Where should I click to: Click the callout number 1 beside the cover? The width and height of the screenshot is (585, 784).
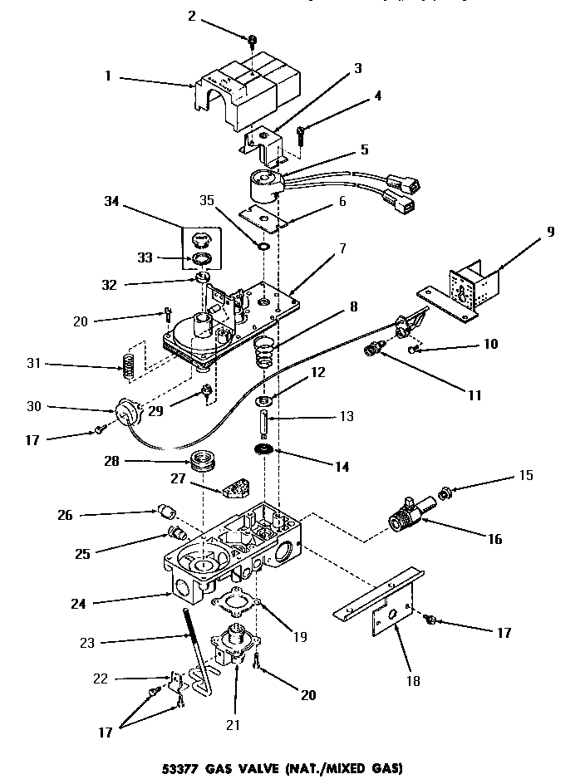[x=107, y=77]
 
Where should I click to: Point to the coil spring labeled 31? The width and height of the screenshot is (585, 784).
[x=129, y=363]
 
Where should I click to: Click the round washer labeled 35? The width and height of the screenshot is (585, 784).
[x=263, y=247]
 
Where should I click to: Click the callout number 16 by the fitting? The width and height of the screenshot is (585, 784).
[x=494, y=539]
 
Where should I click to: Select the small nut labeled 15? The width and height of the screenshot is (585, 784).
[x=445, y=493]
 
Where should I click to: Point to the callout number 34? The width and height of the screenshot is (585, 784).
[x=113, y=200]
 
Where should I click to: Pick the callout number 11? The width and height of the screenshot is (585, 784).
[x=474, y=396]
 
